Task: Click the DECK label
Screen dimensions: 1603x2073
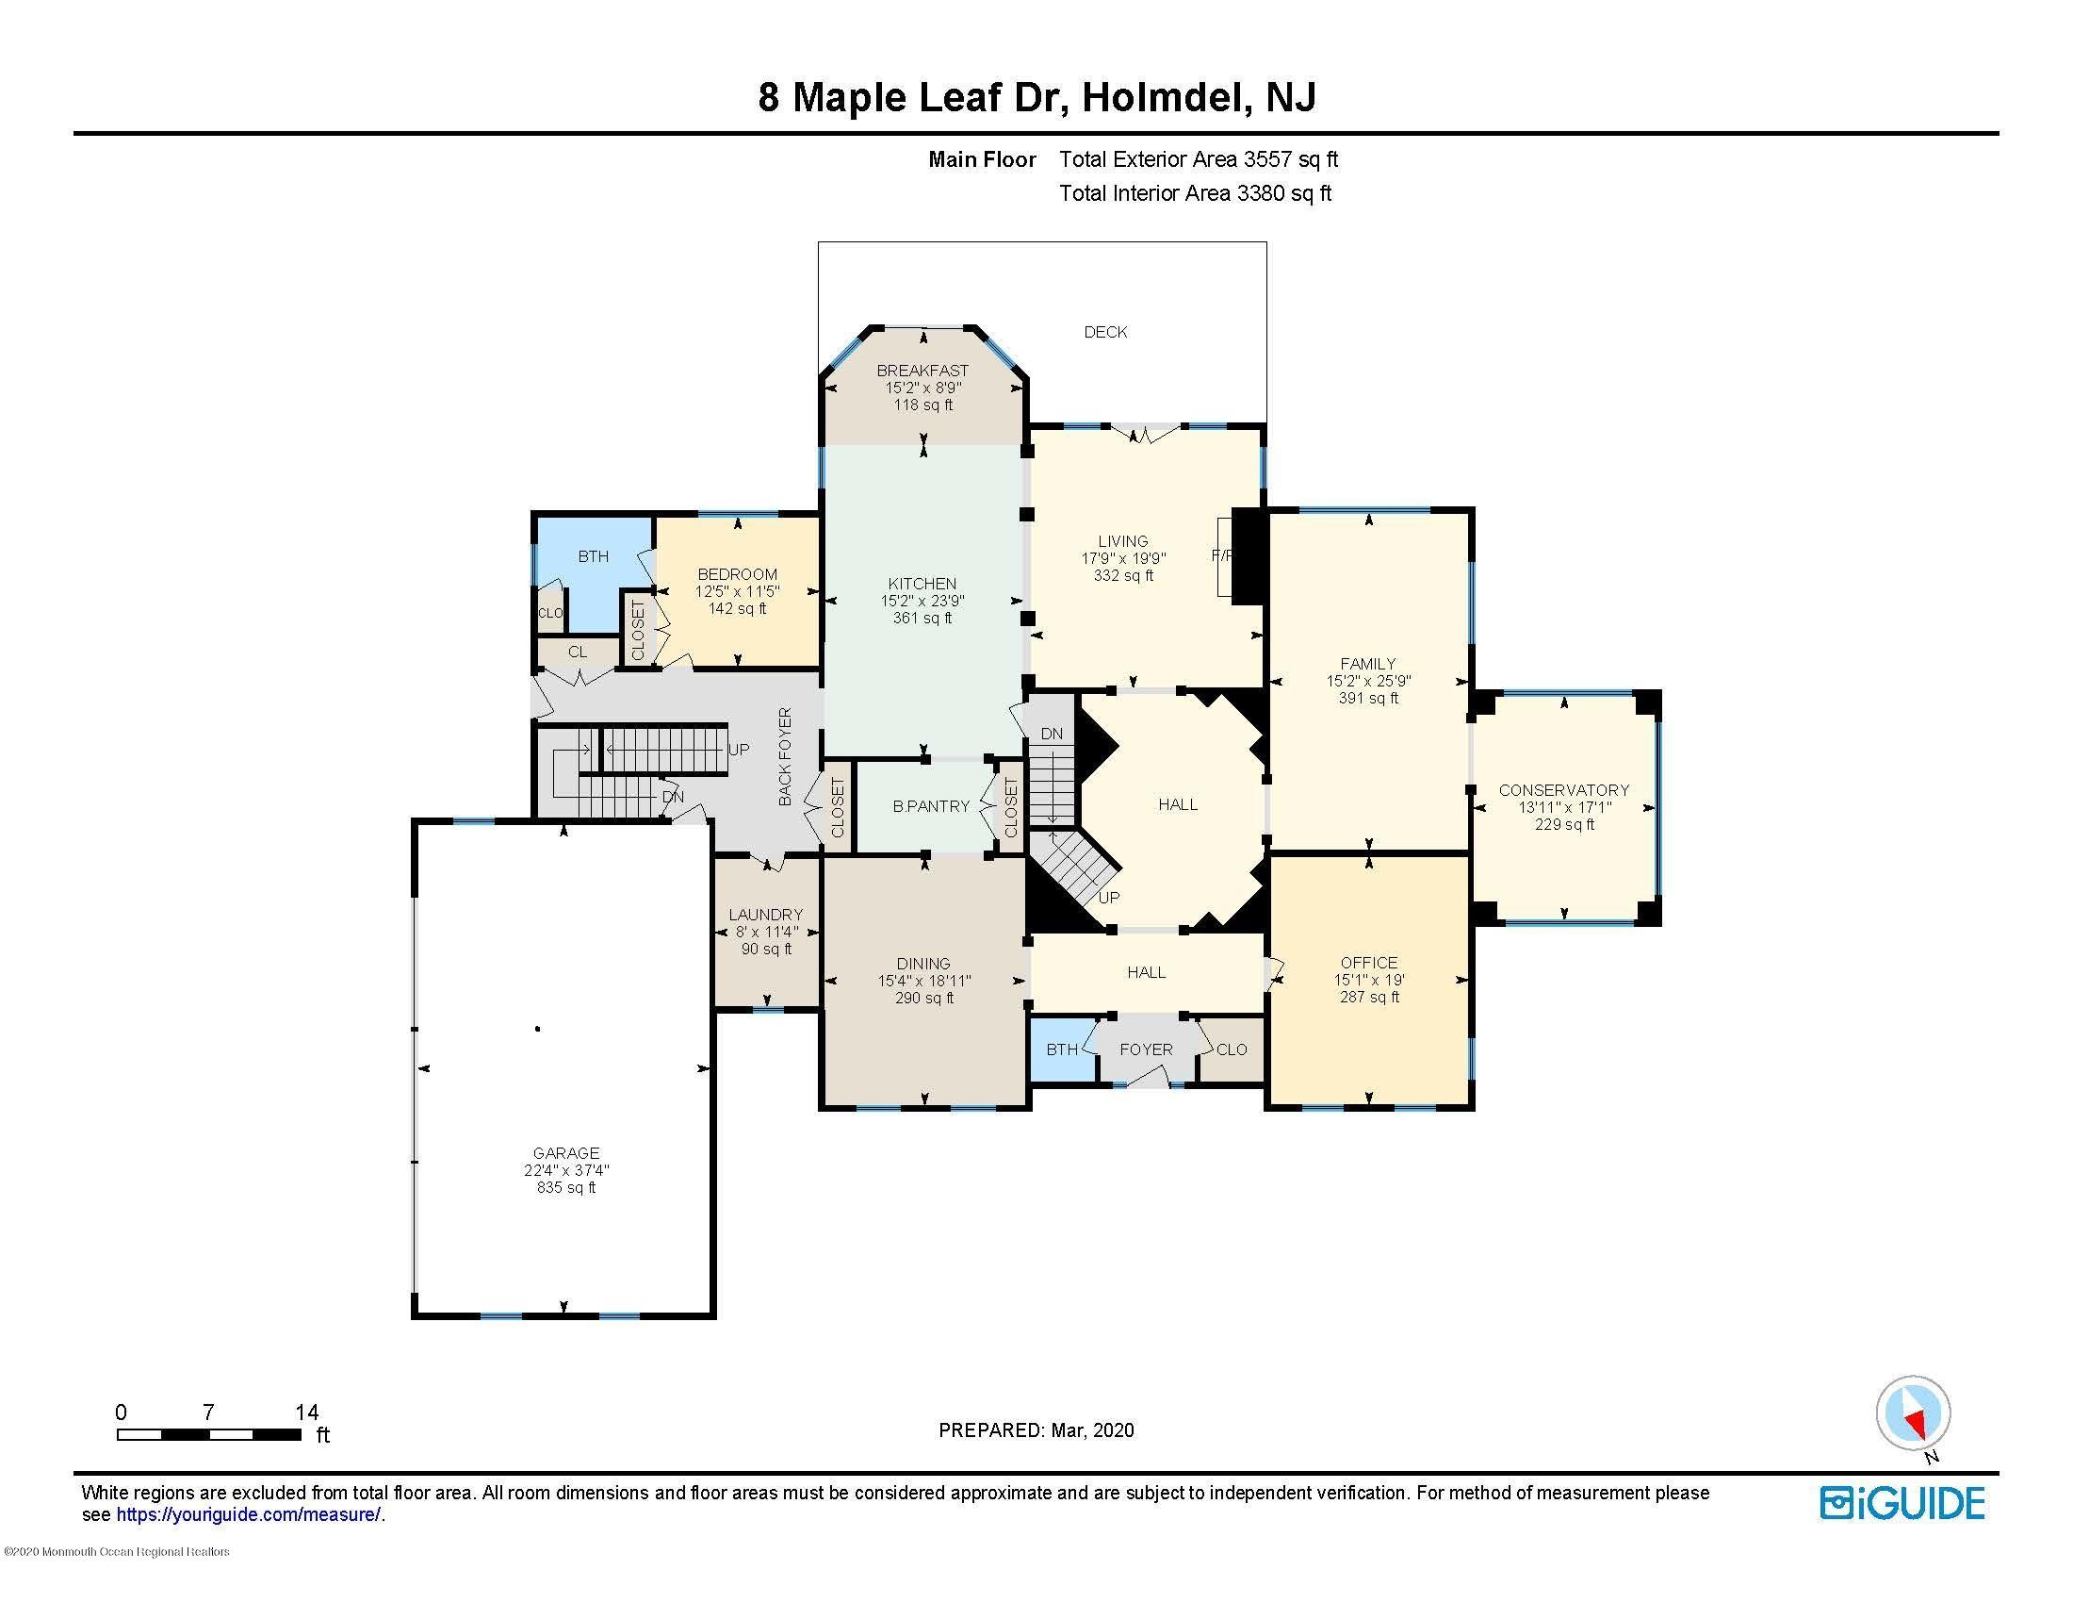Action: [1106, 332]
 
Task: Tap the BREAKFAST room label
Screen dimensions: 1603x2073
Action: [922, 371]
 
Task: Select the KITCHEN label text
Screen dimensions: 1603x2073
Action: [922, 583]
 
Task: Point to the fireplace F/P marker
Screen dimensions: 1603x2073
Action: [1221, 555]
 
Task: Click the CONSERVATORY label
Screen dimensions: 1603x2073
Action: [1563, 790]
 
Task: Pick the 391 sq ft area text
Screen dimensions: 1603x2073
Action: [1368, 698]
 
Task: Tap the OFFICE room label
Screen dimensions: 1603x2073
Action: [1369, 962]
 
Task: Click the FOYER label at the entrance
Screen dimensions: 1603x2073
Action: [1146, 1049]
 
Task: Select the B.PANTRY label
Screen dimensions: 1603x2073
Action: [930, 806]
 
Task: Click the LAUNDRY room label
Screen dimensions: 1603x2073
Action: [765, 915]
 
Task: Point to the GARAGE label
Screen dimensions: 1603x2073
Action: [565, 1154]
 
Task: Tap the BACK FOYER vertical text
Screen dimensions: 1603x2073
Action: [785, 757]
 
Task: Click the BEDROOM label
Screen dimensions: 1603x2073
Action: [737, 574]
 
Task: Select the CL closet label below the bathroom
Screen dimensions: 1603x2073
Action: [577, 653]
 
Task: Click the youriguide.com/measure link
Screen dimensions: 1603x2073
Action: [249, 1514]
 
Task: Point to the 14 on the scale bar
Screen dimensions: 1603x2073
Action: [306, 1413]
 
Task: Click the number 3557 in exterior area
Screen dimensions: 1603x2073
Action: [1268, 159]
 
